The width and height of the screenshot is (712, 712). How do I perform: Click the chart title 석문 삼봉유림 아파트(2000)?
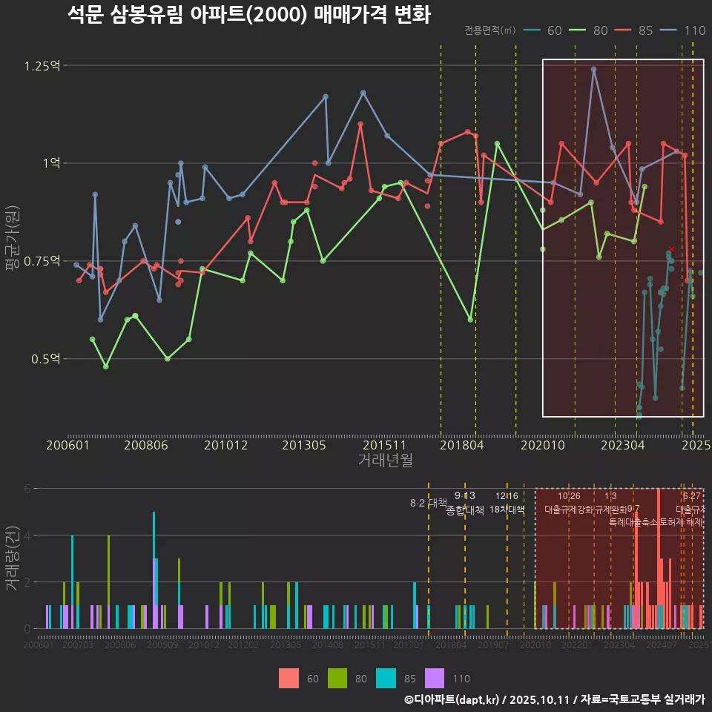(248, 15)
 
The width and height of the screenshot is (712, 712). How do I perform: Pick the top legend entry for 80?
(590, 30)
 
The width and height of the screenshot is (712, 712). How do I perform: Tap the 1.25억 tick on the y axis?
(42, 66)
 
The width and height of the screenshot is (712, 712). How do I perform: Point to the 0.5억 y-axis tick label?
(44, 359)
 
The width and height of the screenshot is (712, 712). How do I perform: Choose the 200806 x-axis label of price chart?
(145, 446)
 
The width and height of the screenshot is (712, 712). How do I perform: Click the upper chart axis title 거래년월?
(385, 461)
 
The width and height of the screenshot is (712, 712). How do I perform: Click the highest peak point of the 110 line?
(593, 69)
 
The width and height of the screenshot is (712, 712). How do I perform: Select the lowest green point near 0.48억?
(106, 366)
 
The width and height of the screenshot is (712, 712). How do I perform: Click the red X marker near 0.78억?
(671, 249)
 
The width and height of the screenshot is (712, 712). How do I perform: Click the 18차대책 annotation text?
(507, 510)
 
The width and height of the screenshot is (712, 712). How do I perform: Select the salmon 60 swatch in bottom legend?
(289, 678)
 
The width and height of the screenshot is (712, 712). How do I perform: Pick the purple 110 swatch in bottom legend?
(435, 678)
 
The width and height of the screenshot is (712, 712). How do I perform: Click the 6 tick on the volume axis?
(27, 489)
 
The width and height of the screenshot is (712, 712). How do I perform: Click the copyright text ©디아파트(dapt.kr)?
(452, 699)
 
